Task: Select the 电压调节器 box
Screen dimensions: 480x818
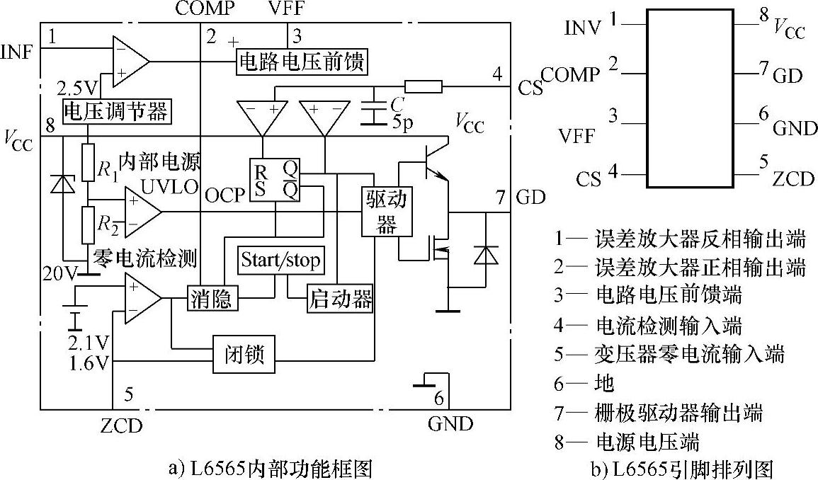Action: pos(115,111)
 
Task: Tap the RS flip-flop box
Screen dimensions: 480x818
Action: pos(274,178)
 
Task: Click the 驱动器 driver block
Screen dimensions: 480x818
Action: pos(386,211)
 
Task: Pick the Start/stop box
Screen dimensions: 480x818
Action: pos(280,260)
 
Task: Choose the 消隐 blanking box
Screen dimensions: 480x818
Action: pos(210,298)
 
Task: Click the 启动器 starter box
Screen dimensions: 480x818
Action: pos(340,298)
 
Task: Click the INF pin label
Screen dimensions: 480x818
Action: pos(16,53)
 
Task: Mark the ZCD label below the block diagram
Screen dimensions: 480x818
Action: pos(121,425)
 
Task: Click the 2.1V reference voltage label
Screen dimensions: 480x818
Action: pos(89,344)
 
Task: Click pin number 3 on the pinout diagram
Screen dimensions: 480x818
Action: pos(613,115)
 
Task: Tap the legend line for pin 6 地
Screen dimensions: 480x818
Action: pos(584,383)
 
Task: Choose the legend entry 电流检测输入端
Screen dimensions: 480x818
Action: pos(649,326)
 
